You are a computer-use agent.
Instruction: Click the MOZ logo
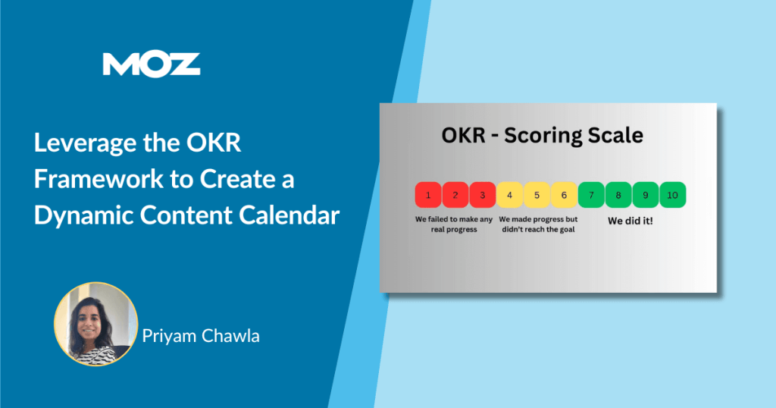click(x=152, y=64)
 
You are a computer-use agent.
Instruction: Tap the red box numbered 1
click(x=428, y=195)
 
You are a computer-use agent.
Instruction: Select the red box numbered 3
click(x=482, y=195)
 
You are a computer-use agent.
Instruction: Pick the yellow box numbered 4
click(x=510, y=195)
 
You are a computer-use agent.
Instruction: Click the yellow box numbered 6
click(x=564, y=195)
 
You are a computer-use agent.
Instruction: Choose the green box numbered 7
click(x=591, y=195)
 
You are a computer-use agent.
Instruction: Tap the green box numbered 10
click(x=672, y=195)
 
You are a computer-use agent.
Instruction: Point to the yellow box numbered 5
click(x=537, y=195)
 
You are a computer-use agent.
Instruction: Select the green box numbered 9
click(x=646, y=195)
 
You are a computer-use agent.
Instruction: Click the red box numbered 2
click(x=455, y=195)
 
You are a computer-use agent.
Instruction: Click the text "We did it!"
click(x=630, y=221)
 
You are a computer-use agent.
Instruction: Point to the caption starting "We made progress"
click(x=537, y=224)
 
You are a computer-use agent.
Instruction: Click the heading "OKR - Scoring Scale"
click(x=543, y=136)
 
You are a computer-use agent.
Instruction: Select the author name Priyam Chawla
click(x=201, y=335)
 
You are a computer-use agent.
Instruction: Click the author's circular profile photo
click(x=95, y=324)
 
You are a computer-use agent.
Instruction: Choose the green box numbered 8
click(x=618, y=195)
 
